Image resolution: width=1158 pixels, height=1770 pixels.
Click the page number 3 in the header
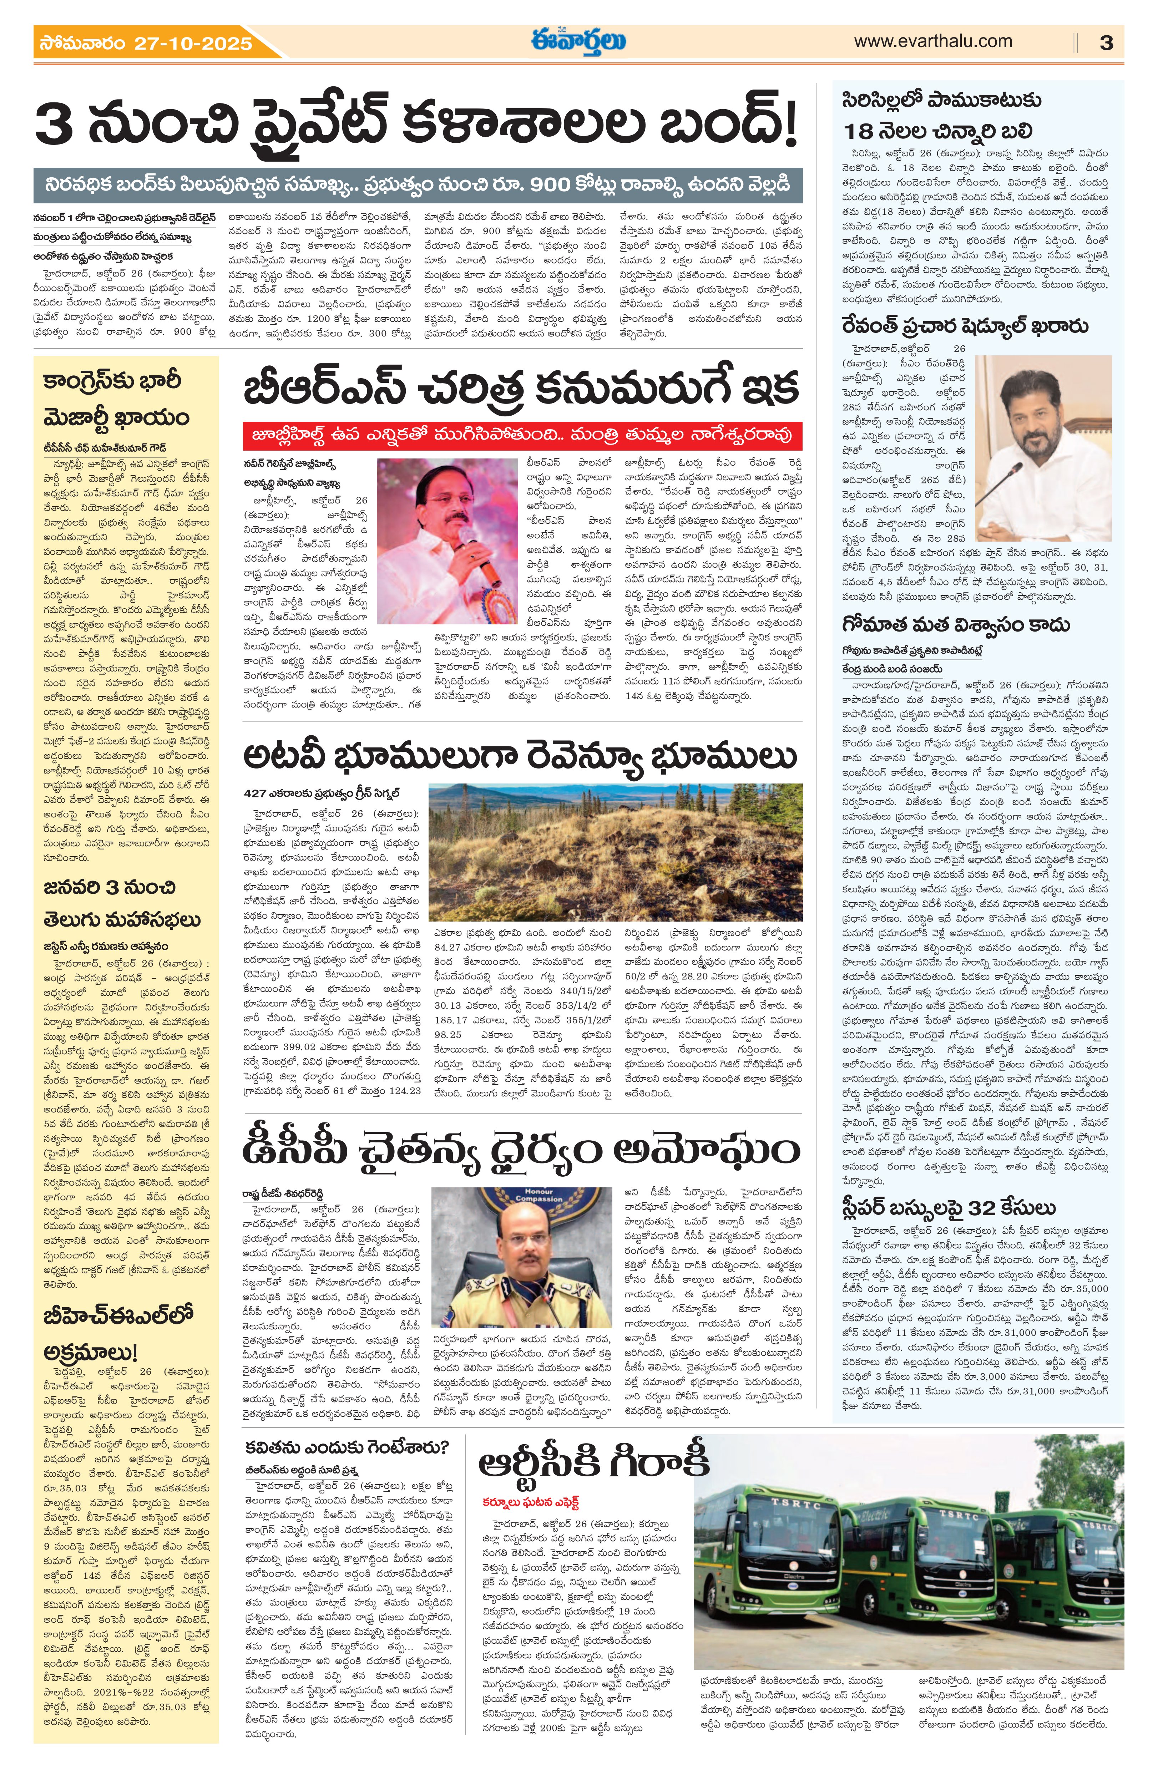click(1106, 42)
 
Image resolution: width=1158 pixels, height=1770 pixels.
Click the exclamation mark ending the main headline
click(789, 126)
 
